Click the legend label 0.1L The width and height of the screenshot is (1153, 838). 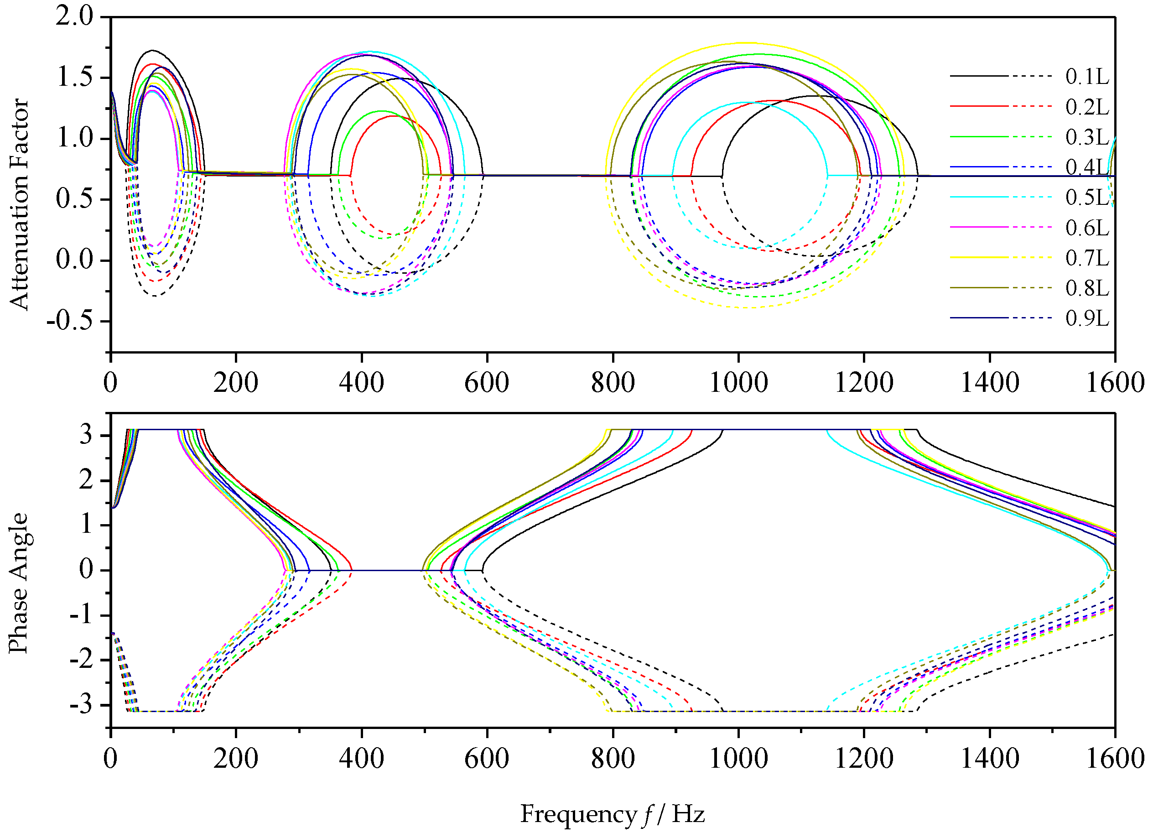click(x=1087, y=77)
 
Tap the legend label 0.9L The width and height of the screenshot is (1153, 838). click(x=1087, y=319)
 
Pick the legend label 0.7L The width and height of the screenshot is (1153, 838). click(x=1087, y=258)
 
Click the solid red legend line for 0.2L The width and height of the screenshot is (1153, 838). click(x=979, y=106)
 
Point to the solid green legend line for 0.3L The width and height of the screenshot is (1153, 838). click(x=979, y=137)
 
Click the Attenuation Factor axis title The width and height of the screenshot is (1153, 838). click(x=19, y=203)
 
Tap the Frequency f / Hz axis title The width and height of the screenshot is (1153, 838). click(x=612, y=814)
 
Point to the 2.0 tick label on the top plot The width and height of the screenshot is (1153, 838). click(x=75, y=17)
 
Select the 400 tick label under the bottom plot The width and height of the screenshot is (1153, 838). click(x=362, y=759)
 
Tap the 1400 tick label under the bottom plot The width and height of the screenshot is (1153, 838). click(x=989, y=759)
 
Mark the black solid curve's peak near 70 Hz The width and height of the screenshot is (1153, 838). click(x=152, y=50)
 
